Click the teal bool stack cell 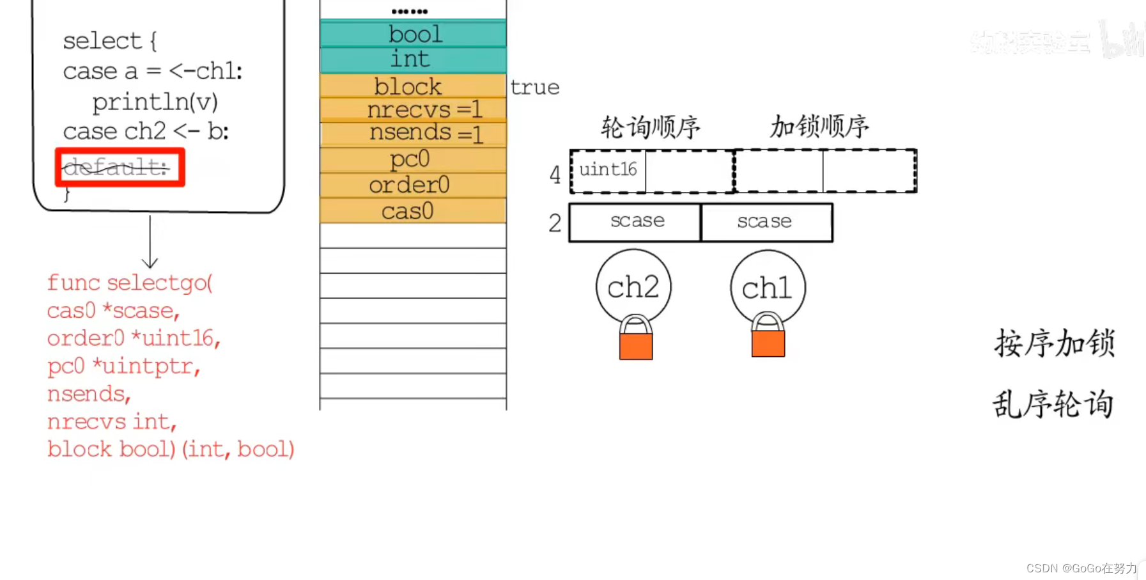(414, 34)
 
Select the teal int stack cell (414, 59)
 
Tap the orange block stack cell (414, 86)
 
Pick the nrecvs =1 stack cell (414, 109)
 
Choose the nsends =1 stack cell (414, 134)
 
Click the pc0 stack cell (414, 159)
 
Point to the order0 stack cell (414, 185)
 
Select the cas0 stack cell (414, 210)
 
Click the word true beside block (534, 88)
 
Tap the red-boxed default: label (120, 168)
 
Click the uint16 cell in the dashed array (608, 170)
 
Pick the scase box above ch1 (766, 222)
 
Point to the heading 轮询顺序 (651, 127)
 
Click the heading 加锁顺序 (819, 127)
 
